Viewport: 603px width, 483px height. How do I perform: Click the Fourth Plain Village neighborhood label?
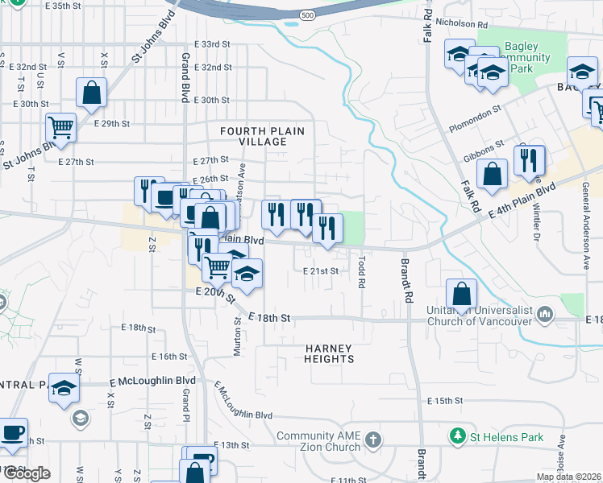(x=253, y=135)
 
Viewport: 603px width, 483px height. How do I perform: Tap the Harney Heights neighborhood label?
(x=328, y=353)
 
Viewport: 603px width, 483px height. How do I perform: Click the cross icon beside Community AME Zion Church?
(x=372, y=440)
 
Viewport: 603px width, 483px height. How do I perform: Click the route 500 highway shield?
(x=307, y=15)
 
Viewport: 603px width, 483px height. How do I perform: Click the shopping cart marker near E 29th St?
(x=60, y=126)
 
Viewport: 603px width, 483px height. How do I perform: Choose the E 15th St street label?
(x=445, y=400)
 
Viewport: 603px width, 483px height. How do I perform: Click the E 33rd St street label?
(x=212, y=43)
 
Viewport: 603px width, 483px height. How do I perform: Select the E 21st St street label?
(x=321, y=271)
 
